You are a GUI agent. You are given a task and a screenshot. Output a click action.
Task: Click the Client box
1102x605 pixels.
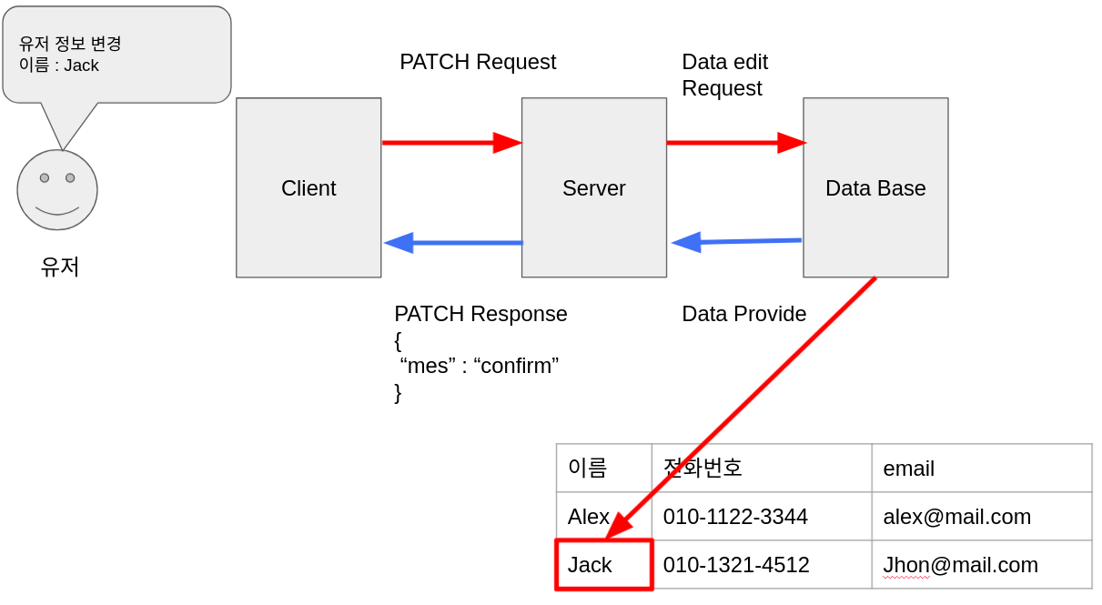tap(308, 187)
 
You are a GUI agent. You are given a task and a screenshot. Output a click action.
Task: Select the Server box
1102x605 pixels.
tap(593, 187)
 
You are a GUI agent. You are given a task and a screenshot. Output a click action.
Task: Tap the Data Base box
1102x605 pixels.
tap(875, 187)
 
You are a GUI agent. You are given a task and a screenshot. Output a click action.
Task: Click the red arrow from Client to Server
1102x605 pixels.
tap(451, 143)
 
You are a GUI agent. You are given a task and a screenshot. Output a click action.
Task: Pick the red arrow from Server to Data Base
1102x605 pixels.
tap(735, 143)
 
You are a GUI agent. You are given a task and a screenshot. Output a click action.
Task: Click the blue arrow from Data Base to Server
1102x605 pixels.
tap(736, 242)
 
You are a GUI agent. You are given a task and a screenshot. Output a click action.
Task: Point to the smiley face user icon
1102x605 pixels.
tap(57, 190)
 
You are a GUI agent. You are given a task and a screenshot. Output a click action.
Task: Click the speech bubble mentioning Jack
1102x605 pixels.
tap(116, 55)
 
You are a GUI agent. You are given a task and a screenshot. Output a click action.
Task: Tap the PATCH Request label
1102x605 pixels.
tap(478, 62)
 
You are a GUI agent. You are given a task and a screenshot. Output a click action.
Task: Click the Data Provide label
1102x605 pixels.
tap(743, 314)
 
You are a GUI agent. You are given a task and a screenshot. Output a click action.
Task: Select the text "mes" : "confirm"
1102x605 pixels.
tap(480, 366)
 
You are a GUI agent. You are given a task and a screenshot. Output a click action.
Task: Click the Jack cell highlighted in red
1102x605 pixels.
tap(604, 565)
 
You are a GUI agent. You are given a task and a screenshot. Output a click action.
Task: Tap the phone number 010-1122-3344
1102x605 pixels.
tap(735, 517)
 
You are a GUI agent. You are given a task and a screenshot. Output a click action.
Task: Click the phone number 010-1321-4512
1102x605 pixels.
tap(736, 565)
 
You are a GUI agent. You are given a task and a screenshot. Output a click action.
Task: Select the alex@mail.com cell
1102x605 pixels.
tap(956, 517)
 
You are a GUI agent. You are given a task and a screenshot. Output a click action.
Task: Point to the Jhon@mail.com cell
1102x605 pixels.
tap(960, 565)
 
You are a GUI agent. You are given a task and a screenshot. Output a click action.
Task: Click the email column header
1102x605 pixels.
tap(909, 469)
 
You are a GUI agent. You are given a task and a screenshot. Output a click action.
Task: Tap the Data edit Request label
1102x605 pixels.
tap(724, 75)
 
